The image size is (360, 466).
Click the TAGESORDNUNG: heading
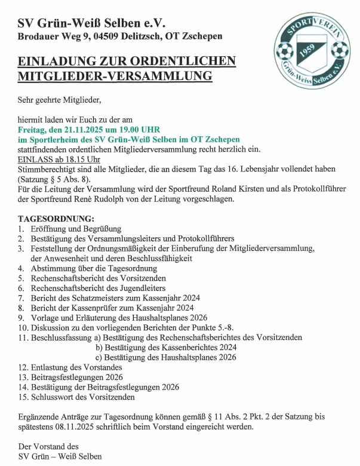pyautogui.click(x=57, y=219)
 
